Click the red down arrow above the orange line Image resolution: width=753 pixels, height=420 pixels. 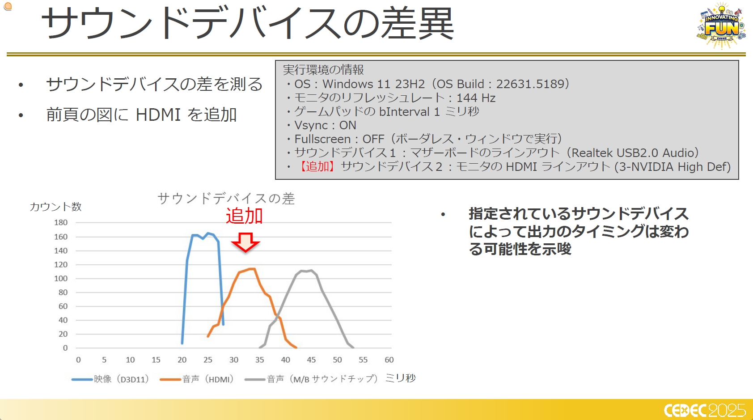[245, 242]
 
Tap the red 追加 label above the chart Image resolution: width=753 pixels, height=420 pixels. [244, 216]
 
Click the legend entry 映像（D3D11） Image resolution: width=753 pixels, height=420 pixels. [110, 379]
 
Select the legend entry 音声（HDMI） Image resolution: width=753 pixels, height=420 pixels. [197, 379]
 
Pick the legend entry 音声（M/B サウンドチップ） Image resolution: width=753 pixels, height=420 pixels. [311, 379]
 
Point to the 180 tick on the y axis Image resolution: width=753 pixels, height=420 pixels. [61, 223]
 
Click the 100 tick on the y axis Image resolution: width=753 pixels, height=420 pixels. [61, 278]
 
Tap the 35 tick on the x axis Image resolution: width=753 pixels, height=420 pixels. [259, 360]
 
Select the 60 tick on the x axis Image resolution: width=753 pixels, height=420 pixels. [389, 360]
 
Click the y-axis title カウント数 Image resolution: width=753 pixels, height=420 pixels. [56, 207]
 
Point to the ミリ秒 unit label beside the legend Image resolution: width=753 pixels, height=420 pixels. [400, 378]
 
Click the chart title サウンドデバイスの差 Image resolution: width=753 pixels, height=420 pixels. [226, 199]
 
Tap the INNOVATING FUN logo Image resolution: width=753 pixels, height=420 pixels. [721, 25]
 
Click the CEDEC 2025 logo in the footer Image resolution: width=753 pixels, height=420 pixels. [705, 410]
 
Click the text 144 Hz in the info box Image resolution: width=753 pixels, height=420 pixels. [476, 98]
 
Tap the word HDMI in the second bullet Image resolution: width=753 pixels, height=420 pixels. [158, 115]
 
